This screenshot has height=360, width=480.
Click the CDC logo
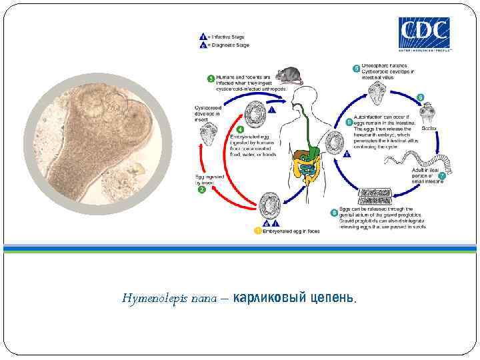point(425,33)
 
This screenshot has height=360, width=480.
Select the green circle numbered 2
point(201,189)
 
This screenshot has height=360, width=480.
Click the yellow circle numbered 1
point(258,231)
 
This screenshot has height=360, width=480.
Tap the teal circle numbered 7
point(441,175)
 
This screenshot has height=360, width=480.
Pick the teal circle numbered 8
point(334,212)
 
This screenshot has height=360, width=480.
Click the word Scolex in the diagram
point(429,127)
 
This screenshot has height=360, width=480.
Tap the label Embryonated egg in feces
point(291,231)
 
